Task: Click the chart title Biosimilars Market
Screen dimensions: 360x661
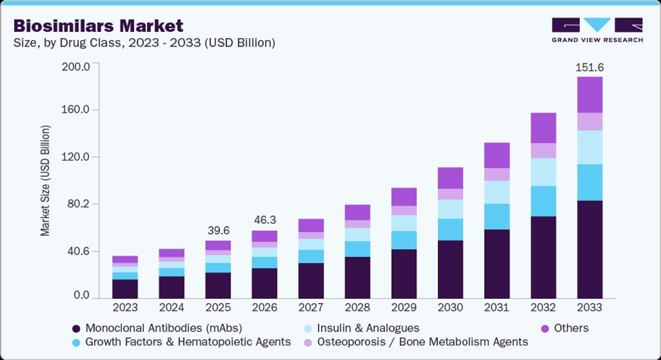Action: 98,26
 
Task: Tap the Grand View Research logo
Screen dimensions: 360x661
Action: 597,31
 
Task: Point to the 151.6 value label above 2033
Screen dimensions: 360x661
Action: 589,66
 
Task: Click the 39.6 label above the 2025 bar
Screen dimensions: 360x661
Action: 218,231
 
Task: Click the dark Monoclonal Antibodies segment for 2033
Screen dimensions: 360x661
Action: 589,249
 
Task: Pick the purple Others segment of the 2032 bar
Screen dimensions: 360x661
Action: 542,127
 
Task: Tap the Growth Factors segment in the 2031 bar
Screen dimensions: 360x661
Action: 496,216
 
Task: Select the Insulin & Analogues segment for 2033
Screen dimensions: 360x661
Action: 589,147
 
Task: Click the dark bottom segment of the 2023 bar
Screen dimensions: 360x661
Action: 125,289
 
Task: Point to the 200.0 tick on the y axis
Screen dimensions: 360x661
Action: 76,66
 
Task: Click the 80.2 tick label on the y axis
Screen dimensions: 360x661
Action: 76,204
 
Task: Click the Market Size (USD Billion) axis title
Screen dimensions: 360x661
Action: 46,180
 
